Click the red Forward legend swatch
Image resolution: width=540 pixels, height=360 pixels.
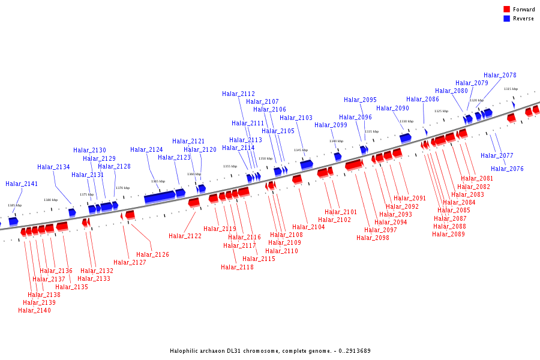507,10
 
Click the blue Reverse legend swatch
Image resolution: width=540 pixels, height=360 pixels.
507,19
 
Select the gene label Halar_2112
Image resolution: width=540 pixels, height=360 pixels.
238,94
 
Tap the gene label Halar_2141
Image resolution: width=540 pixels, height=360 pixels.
22,184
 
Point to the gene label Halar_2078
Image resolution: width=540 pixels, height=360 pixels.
500,76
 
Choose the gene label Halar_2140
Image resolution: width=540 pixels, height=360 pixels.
34,311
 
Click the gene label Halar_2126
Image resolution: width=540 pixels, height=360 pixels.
152,255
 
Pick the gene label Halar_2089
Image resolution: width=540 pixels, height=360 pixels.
448,235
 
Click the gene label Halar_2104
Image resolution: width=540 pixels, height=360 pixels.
308,227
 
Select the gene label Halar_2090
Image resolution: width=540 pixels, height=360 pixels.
392,109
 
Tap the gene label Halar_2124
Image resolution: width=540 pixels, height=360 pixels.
146,150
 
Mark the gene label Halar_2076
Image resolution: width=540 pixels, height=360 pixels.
507,169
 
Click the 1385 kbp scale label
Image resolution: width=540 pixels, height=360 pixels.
14,205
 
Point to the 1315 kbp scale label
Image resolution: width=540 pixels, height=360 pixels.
511,89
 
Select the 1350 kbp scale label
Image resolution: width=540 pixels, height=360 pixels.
265,158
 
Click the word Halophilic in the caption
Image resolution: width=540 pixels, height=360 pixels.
185,351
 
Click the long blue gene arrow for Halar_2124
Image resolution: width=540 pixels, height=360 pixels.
160,197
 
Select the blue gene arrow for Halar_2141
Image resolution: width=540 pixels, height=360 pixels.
13,221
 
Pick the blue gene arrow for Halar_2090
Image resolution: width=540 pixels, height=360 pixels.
406,137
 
